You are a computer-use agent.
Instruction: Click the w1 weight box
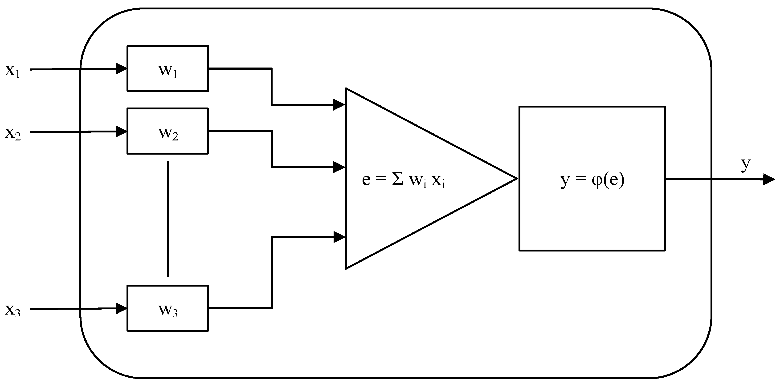[x=167, y=68]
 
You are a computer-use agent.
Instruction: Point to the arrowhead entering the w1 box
[x=121, y=69]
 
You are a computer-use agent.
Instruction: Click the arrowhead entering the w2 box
[x=121, y=132]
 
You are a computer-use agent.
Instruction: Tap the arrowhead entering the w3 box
[x=121, y=308]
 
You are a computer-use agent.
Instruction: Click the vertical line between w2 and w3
[x=168, y=219]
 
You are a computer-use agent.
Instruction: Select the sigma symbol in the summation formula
[x=398, y=180]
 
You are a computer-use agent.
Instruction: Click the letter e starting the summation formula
[x=366, y=180]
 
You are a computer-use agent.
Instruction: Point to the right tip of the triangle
[x=516, y=178]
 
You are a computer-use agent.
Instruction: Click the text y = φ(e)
[x=592, y=180]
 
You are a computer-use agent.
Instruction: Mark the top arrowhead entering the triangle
[x=339, y=105]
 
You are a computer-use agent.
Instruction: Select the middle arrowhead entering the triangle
[x=339, y=167]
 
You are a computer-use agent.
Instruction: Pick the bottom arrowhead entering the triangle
[x=339, y=237]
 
